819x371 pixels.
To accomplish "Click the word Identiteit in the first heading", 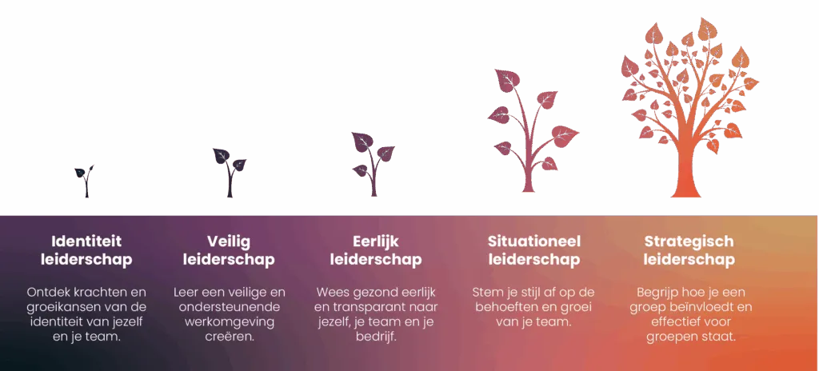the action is click(86, 241).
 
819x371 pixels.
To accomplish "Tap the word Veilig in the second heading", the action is click(229, 242).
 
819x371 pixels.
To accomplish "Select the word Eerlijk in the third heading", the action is click(376, 242).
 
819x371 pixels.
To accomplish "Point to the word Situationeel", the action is click(534, 241).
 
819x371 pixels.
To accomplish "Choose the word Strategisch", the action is click(689, 242).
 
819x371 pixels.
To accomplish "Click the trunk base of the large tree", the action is click(685, 191).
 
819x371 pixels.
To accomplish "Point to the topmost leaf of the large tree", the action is click(708, 29).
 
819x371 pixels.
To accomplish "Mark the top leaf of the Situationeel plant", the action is click(507, 80).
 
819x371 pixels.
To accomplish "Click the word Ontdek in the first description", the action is click(46, 292).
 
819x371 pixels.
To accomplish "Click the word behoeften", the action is click(505, 307).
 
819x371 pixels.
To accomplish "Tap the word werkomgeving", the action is click(230, 322).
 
